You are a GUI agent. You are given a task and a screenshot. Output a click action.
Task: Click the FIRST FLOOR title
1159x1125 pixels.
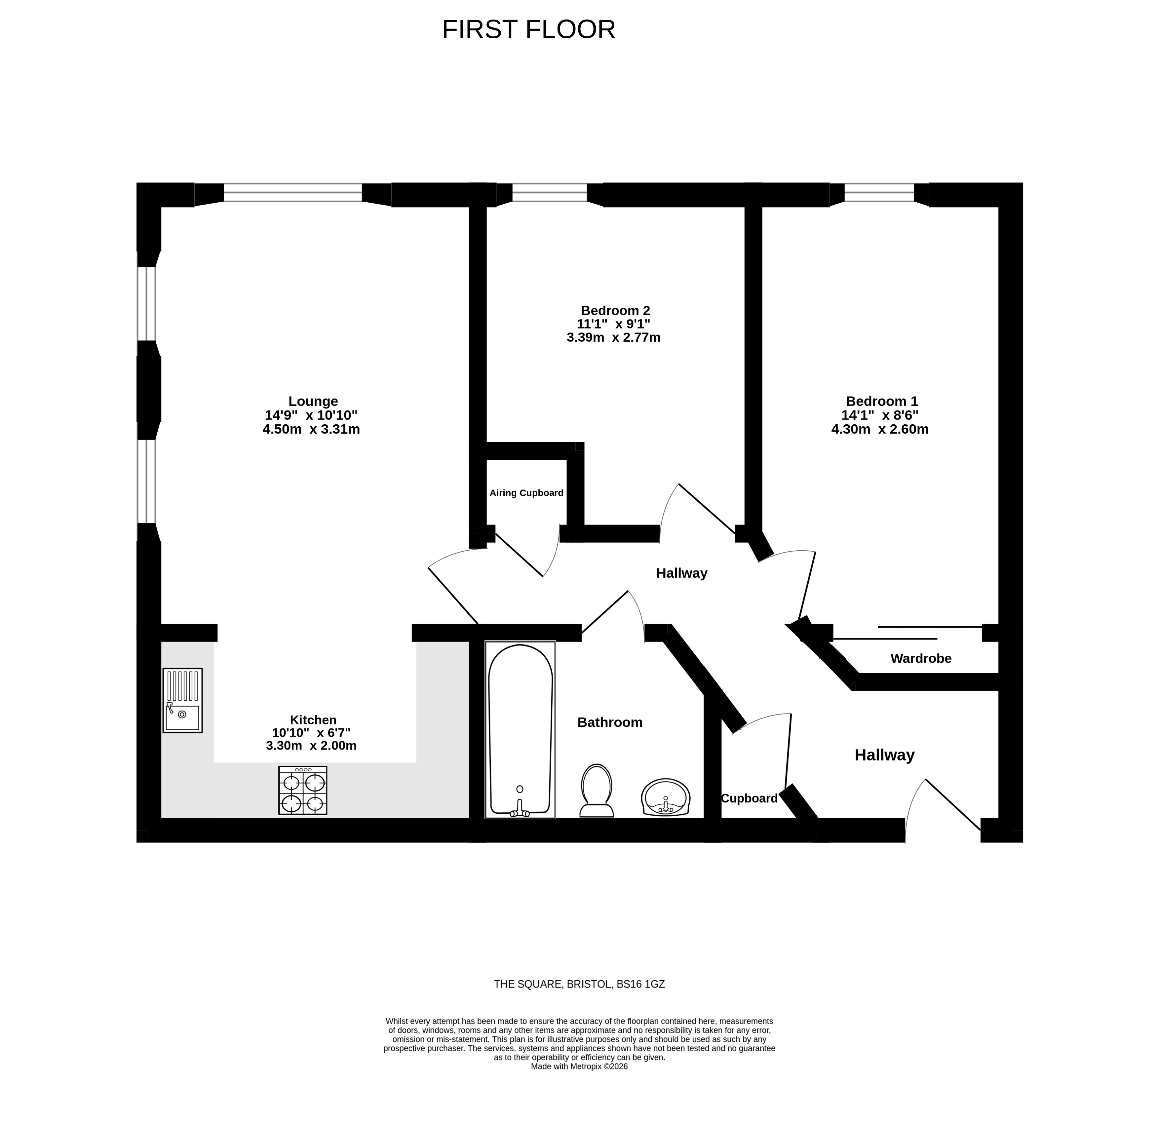pos(529,29)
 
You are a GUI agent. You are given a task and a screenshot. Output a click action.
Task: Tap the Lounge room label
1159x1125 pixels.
pos(313,402)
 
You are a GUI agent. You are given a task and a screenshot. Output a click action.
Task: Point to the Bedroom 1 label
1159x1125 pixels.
pos(882,402)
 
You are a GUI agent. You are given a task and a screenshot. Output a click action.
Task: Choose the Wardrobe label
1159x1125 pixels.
pos(921,658)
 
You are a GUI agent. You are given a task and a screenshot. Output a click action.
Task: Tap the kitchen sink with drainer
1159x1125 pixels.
pos(183,700)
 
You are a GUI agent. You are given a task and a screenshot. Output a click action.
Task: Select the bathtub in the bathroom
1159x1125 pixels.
pos(521,730)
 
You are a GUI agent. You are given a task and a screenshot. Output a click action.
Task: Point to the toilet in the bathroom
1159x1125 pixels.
pos(596,790)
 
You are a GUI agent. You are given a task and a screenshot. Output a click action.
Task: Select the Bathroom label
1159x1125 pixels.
pos(610,722)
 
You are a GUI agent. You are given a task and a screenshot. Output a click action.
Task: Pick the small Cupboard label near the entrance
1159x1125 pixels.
pos(749,798)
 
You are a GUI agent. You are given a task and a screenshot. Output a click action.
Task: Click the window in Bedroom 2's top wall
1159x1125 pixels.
pos(549,192)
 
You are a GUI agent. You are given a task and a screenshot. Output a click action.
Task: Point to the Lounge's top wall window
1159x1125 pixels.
pos(293,192)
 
